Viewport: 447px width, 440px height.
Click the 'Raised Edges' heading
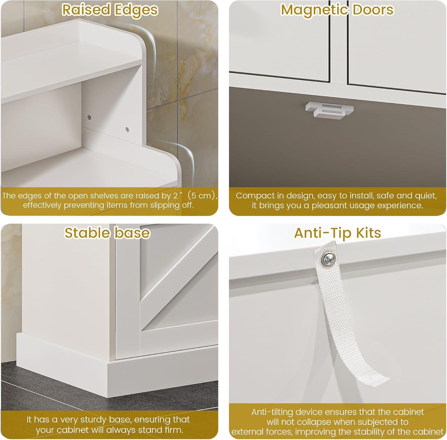(x=110, y=10)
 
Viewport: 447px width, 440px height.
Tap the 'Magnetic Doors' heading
(x=337, y=10)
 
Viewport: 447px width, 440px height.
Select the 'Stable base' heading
(x=107, y=233)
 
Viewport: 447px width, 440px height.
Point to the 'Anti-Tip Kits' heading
(x=337, y=233)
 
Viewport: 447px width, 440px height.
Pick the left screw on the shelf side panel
(x=89, y=117)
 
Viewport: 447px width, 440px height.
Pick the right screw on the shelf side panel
(x=127, y=129)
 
